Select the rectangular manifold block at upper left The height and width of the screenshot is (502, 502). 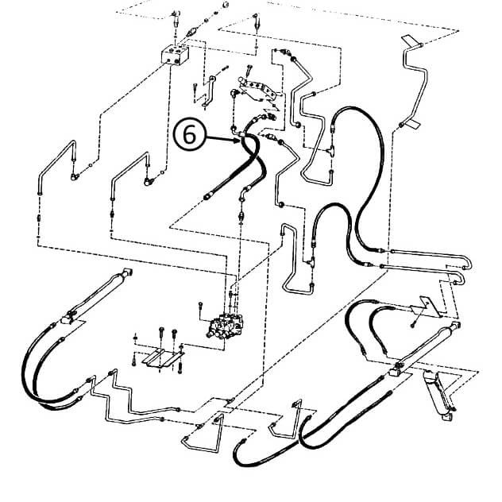pos(172,56)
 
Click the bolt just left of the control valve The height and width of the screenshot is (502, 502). pos(200,306)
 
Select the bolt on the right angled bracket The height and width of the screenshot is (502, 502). pos(413,323)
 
